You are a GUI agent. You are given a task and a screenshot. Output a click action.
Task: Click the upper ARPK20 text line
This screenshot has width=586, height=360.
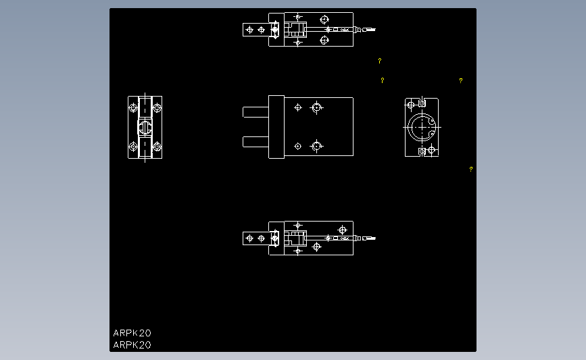coord(132,333)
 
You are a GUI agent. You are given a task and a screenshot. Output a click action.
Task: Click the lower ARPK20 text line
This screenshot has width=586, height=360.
coord(132,345)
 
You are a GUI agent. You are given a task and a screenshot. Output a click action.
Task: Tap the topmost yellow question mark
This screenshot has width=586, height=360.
coord(380,61)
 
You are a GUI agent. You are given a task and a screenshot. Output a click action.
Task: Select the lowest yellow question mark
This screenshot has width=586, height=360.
coord(471,169)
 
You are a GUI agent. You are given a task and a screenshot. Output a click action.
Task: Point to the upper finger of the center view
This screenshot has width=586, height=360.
coord(255,112)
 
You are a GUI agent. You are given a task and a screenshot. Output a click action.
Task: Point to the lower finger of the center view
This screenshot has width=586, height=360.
coord(255,141)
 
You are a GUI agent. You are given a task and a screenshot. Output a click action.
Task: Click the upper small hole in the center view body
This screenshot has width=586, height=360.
coord(298,107)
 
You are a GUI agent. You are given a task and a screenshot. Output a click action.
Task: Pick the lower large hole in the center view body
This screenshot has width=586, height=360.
coord(316,145)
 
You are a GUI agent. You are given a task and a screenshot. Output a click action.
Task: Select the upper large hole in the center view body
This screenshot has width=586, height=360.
coord(316,107)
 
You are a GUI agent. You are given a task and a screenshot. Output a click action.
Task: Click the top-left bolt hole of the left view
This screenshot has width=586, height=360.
coord(133,107)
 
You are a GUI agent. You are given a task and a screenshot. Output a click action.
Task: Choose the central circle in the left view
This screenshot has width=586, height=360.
coord(145,126)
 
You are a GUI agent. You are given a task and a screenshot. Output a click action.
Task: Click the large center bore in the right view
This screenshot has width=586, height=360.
coord(422,126)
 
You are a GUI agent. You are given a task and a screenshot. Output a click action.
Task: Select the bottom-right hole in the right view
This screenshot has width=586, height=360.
coord(433,151)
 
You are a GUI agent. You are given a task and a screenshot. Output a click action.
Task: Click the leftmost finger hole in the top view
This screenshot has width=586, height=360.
coord(250,30)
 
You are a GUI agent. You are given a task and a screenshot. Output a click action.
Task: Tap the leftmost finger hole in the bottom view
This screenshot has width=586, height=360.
coord(250,238)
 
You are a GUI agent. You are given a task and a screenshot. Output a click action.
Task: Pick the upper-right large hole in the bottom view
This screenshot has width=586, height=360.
coord(342,230)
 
